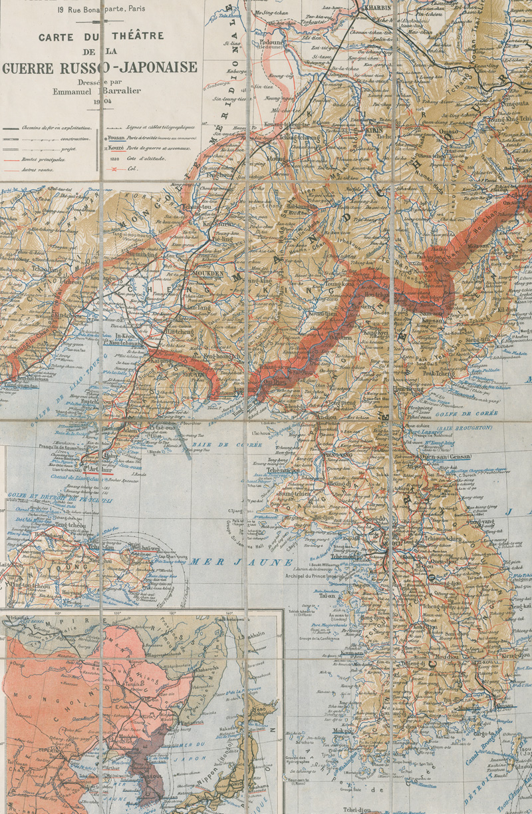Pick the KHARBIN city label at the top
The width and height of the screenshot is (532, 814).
[x=374, y=10]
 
